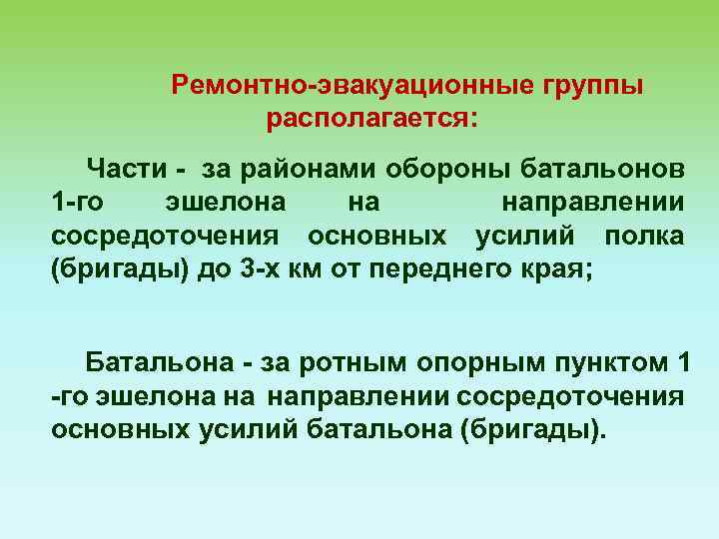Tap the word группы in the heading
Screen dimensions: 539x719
[593, 86]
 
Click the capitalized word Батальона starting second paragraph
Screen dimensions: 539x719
[160, 360]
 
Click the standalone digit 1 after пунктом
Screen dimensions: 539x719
[684, 360]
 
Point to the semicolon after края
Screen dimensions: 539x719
[588, 272]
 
